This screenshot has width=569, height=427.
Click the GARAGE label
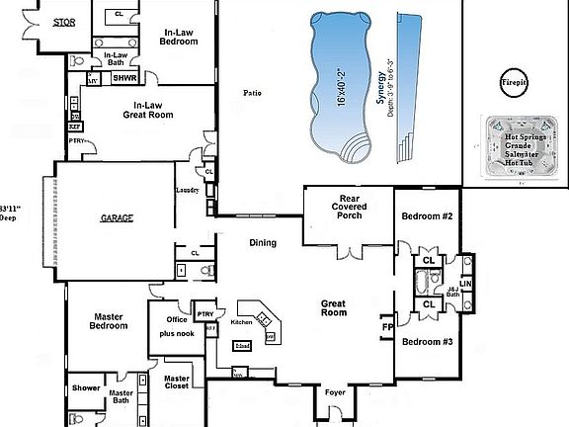point(117,217)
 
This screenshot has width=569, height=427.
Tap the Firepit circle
point(513,81)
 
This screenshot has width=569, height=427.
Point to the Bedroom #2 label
point(427,215)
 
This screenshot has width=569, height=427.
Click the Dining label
point(263,243)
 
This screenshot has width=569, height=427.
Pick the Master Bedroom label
point(108,321)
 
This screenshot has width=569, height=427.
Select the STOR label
point(64,21)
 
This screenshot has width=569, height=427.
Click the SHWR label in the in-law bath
point(124,77)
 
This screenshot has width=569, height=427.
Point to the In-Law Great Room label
point(148,108)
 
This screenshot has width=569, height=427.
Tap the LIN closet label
point(466,284)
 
